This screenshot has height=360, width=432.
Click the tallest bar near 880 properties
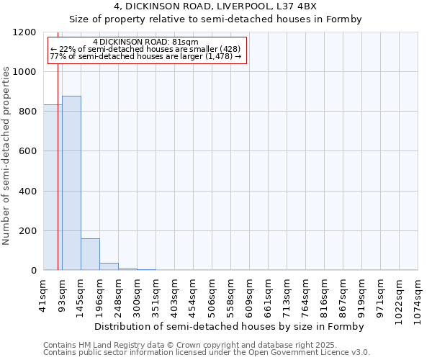click(71, 183)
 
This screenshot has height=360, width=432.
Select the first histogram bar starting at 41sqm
click(53, 187)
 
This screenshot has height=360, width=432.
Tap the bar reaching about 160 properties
click(90, 254)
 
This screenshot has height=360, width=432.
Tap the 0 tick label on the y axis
click(33, 271)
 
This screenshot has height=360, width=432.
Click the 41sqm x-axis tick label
click(44, 294)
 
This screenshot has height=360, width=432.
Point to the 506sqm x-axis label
click(212, 294)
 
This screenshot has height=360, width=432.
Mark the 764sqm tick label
click(306, 294)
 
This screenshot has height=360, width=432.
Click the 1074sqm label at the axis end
click(418, 296)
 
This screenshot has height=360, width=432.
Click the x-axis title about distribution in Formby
click(229, 327)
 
